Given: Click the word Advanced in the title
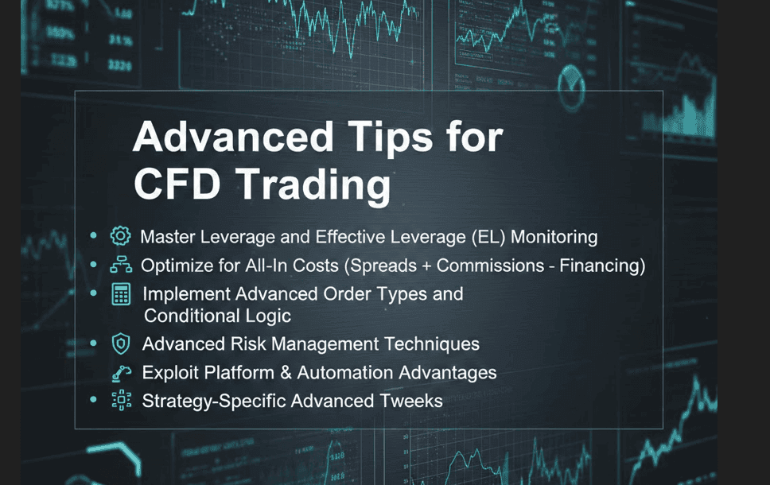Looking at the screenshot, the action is coord(233,137).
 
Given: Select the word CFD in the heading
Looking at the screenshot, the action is coord(177,184).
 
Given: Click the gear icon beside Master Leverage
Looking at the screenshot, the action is coord(120,236).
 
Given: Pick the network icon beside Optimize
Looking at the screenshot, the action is coord(121,265).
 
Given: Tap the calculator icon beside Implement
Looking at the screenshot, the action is coord(121,294).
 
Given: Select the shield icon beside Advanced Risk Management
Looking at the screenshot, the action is coord(121,343).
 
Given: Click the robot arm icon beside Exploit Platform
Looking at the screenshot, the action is coord(121,374).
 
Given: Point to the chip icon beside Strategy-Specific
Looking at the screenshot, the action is coord(121,401).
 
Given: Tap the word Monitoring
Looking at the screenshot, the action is coord(554,237).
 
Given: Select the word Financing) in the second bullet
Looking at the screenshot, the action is coord(602,266).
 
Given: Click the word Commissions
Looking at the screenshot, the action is coord(490,266).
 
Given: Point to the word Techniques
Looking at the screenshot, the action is coord(432,344).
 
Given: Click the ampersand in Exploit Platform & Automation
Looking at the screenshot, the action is coord(286,373).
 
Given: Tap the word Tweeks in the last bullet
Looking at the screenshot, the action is coord(411,401).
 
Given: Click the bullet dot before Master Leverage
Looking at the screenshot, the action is coord(93,236).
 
